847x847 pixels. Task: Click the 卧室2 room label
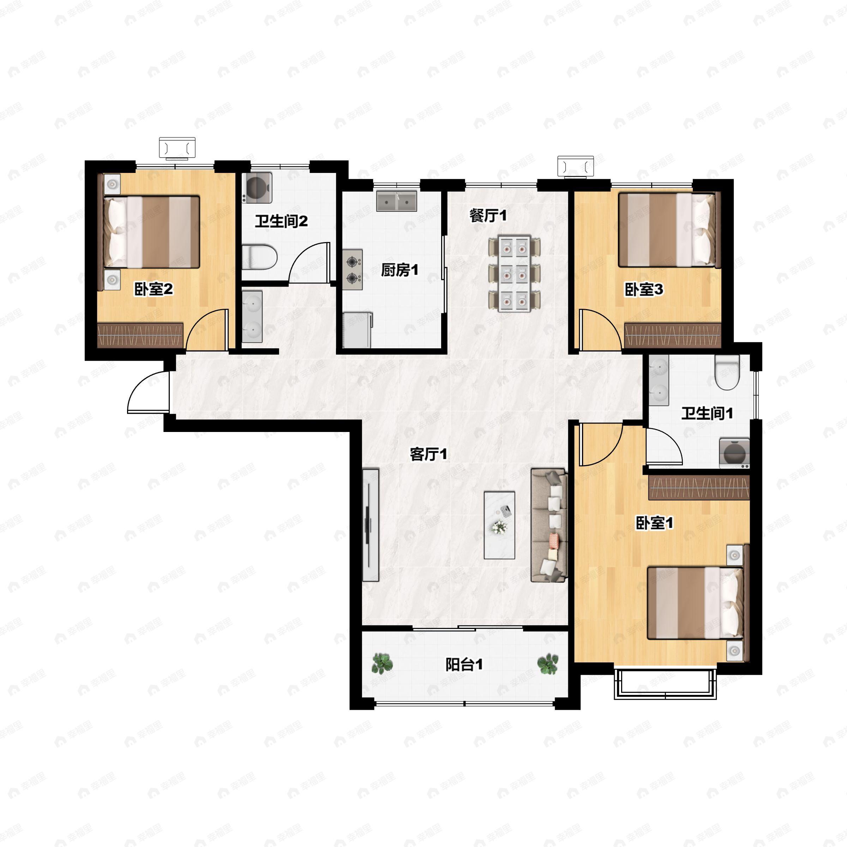pos(154,289)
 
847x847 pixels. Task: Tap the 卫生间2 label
pos(282,221)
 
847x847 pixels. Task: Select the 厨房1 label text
pos(400,270)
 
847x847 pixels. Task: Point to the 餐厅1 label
pos(488,215)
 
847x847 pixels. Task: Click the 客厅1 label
pos(428,454)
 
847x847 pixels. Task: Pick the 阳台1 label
pos(464,665)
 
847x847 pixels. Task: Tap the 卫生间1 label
pos(707,413)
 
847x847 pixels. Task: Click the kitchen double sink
pos(397,201)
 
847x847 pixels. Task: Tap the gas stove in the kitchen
pos(353,270)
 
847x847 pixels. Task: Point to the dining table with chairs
pos(514,274)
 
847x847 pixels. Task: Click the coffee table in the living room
pos(499,525)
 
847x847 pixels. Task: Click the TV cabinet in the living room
pos(371,525)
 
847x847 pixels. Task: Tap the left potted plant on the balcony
pos(382,663)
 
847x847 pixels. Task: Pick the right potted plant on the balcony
pos(548,664)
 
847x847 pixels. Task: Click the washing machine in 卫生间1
pos(734,453)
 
